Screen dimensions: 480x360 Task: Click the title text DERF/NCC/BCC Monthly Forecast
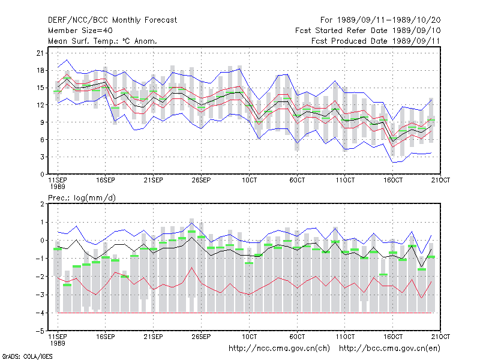click(112, 20)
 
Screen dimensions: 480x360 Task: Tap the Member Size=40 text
click(80, 31)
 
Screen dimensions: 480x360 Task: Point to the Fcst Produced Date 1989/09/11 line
click(376, 41)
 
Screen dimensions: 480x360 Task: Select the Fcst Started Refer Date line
click(368, 31)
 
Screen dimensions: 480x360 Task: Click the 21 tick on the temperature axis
click(40, 53)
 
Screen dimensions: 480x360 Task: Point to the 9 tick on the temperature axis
click(42, 122)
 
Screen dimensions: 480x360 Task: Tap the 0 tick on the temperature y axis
click(42, 175)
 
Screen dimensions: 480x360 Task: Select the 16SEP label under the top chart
click(106, 180)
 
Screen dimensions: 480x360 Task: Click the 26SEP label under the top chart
click(201, 180)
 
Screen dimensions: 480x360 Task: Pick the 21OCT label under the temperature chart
click(440, 180)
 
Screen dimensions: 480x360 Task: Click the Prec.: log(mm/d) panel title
click(82, 198)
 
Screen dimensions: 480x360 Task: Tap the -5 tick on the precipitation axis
click(40, 331)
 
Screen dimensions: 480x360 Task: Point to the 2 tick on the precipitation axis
click(42, 204)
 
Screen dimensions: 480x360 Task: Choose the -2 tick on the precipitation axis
click(40, 277)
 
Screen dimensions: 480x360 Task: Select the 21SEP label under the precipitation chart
click(153, 337)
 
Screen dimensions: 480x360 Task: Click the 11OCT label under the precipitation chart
click(345, 337)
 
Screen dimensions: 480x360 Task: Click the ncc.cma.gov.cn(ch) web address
click(279, 349)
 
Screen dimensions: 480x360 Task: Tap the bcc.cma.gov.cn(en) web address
click(389, 349)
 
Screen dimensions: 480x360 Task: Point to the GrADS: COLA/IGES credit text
click(27, 356)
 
